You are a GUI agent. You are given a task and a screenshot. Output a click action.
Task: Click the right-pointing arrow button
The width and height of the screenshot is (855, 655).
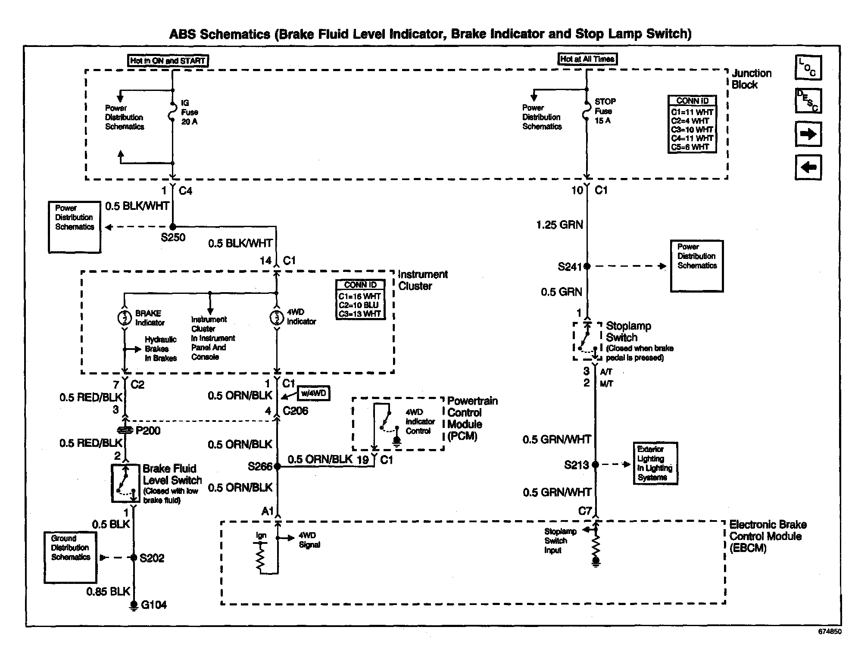[808, 134]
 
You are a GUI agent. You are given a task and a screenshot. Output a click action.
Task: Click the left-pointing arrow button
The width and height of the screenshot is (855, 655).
[808, 167]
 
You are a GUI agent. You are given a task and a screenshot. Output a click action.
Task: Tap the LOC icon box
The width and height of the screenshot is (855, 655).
[808, 68]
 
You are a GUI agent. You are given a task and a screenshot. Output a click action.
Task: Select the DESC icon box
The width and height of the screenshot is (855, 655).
[808, 101]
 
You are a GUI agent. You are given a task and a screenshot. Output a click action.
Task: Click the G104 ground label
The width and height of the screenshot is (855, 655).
[154, 605]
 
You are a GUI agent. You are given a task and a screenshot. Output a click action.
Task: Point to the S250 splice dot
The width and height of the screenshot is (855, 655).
[173, 227]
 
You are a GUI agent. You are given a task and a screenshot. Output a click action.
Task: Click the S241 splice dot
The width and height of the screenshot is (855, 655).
[587, 266]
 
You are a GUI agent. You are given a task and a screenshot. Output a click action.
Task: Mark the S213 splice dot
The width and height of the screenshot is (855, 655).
[595, 465]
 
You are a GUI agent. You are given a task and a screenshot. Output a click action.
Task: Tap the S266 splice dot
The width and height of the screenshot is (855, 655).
[277, 466]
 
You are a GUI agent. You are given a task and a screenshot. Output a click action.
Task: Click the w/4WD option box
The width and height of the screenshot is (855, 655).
[314, 393]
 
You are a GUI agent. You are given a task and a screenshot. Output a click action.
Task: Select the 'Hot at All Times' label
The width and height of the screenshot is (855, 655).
[587, 59]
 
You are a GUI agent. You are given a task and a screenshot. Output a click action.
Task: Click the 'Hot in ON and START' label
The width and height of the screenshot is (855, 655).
[168, 61]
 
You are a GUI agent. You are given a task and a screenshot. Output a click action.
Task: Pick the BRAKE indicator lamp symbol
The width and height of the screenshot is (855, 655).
[125, 318]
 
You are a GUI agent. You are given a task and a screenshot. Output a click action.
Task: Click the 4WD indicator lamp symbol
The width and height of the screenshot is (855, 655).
[276, 318]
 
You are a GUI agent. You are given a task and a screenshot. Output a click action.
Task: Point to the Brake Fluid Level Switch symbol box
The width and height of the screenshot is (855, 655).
[126, 483]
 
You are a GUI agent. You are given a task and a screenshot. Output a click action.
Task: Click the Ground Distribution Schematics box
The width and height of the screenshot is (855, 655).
[70, 557]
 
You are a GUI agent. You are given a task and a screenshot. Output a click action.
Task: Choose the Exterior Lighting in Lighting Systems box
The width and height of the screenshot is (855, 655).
[655, 463]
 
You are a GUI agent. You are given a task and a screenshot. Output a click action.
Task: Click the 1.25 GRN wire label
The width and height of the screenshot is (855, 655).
[559, 225]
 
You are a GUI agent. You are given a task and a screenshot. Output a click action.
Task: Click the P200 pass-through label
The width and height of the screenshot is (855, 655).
[148, 430]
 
